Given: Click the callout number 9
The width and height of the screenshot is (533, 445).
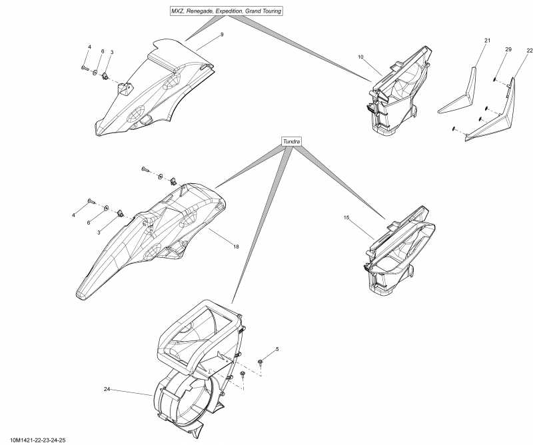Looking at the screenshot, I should tap(222, 34).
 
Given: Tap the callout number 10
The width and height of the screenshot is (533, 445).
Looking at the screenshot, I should tap(360, 57).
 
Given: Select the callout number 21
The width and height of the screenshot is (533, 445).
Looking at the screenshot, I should tap(487, 41).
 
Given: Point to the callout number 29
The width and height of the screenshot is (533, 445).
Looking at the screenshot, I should tap(508, 51).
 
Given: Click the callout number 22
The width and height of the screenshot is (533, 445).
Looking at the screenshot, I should tap(530, 51).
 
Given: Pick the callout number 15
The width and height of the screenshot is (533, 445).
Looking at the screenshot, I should tap(346, 218).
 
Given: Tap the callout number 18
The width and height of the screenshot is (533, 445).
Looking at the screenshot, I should tap(235, 246).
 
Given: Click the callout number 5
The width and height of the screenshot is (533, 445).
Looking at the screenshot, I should tap(277, 349).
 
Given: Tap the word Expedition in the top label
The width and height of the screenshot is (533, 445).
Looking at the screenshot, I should tap(231, 11).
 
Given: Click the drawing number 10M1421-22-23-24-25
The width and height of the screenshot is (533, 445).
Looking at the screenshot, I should tap(38, 440).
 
